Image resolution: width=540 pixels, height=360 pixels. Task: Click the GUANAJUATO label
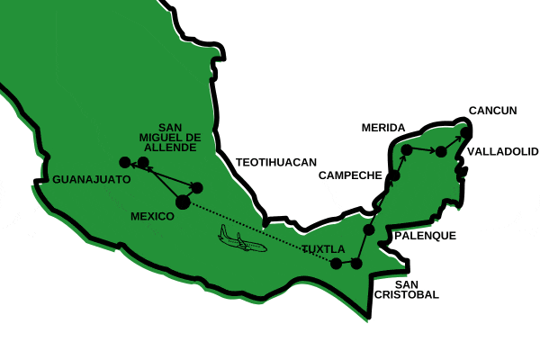tap(92, 179)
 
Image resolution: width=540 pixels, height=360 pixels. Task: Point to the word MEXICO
tap(152, 217)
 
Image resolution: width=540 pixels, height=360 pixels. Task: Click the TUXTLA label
tap(322, 248)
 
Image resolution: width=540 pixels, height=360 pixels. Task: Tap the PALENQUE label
tap(425, 236)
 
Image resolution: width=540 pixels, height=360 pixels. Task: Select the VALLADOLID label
tap(499, 151)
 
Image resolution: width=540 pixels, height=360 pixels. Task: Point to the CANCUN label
tap(493, 111)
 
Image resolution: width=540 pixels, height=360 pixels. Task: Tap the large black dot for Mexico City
tap(183, 202)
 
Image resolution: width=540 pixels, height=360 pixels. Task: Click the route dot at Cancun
tap(466, 133)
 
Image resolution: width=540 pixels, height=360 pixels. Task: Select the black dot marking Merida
tap(407, 148)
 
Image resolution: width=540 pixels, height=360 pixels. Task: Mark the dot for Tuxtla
tap(336, 264)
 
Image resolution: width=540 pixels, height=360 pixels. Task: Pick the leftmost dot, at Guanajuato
tap(125, 162)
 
